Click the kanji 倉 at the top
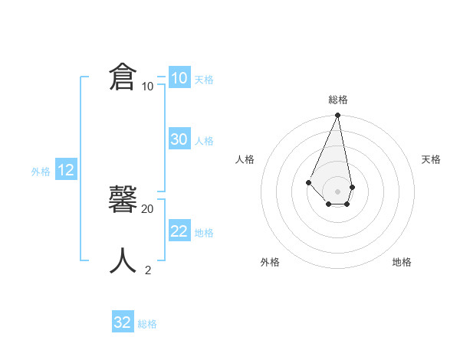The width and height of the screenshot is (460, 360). tap(123, 77)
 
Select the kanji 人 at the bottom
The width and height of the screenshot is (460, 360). tap(123, 260)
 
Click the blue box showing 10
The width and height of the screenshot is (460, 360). tap(179, 78)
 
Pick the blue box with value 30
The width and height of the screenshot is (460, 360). tap(179, 139)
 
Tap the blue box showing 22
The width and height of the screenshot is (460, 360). tap(179, 231)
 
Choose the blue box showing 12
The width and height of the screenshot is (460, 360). tap(66, 170)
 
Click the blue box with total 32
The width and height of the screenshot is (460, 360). tap(123, 322)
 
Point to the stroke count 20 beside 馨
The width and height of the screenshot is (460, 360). tap(148, 208)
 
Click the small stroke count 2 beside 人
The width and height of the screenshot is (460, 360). tap(148, 270)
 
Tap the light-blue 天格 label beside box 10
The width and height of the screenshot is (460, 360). tap(204, 80)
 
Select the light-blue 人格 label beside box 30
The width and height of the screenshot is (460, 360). tap(204, 141)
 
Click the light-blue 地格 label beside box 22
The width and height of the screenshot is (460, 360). tap(204, 233)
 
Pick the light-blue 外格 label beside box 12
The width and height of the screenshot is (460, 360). tap(41, 172)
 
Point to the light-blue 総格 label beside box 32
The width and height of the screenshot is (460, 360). tap(147, 324)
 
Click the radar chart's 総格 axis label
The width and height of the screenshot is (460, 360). tap(338, 100)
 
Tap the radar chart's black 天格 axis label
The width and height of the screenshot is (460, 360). tap(431, 159)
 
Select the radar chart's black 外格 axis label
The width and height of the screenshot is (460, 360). tap(270, 262)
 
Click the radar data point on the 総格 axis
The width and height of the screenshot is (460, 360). tap(338, 116)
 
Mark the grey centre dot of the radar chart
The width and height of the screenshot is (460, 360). tap(338, 191)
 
